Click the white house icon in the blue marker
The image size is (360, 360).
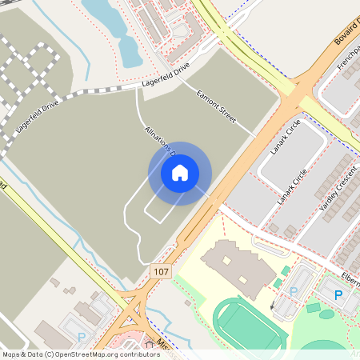tap(180, 172)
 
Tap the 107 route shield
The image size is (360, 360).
tap(161, 272)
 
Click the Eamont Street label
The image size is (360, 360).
tap(216, 106)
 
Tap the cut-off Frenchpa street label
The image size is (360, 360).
tap(349, 64)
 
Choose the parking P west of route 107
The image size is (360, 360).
tap(81, 338)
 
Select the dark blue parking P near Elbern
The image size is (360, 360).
tap(338, 295)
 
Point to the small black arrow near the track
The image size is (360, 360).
tap(273, 306)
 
